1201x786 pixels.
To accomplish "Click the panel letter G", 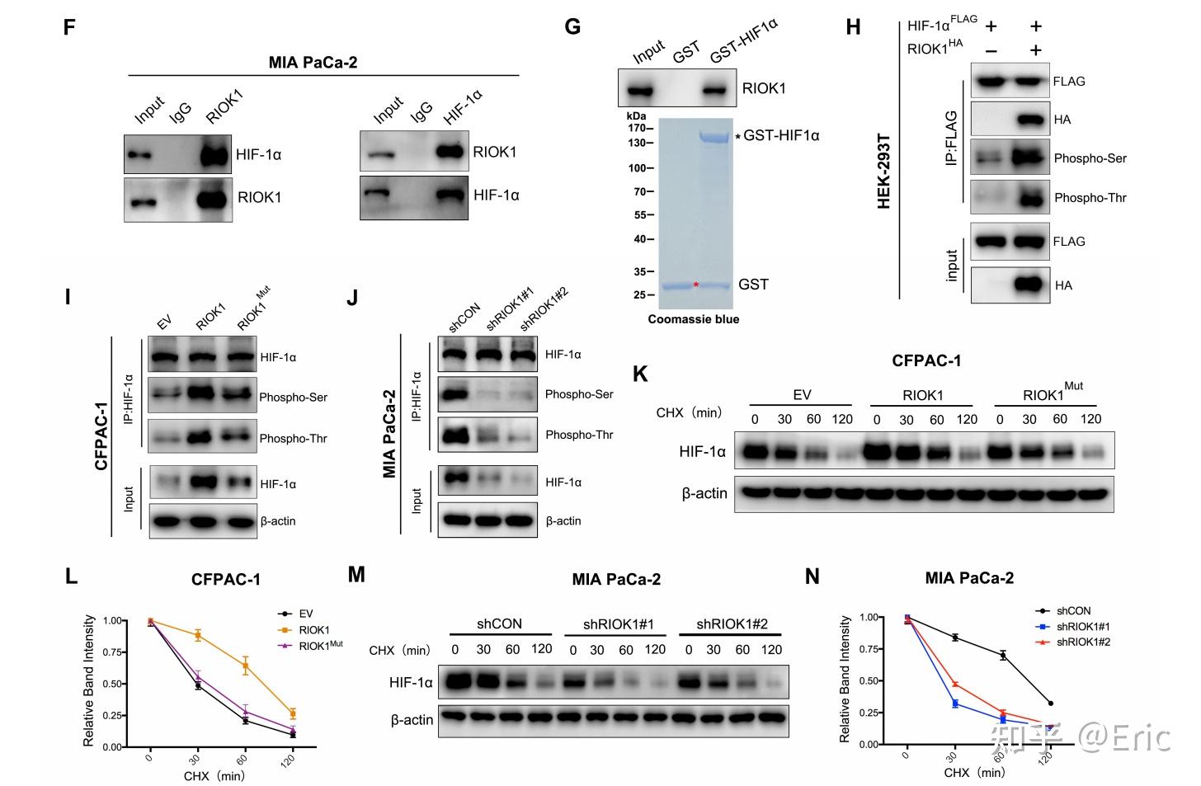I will (x=572, y=27).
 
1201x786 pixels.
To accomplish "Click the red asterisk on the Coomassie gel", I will (x=696, y=285).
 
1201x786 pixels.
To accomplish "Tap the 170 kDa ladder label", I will (x=635, y=129).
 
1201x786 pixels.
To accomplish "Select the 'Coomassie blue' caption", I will (x=693, y=319).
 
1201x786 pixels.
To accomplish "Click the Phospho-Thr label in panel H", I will (x=1090, y=198).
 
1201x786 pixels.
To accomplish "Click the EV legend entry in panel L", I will (x=306, y=614).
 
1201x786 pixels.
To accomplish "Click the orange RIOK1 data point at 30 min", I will (x=198, y=635).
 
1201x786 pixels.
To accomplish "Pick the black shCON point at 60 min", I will (x=1003, y=656).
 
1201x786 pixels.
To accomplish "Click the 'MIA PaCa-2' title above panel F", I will (x=313, y=62).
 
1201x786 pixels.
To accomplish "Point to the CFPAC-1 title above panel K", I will (x=925, y=360).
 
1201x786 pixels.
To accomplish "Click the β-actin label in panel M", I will (x=412, y=720).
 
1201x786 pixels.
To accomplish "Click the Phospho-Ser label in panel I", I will (x=293, y=398).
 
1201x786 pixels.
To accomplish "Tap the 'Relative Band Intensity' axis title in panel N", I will (x=845, y=679).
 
